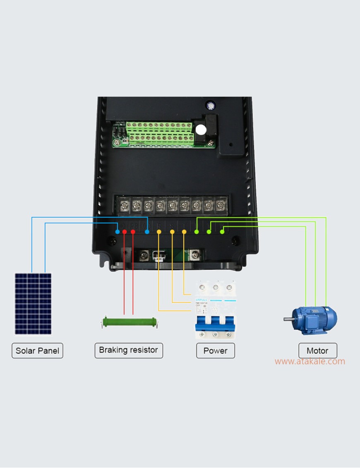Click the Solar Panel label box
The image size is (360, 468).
tap(37, 350)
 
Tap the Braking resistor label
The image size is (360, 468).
tap(128, 350)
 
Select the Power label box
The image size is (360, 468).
tap(215, 350)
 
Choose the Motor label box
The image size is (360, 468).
tap(317, 350)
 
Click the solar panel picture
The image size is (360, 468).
tap(34, 303)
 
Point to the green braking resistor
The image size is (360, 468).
tap(129, 322)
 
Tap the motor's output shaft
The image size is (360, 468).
tap(288, 319)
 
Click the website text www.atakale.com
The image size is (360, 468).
tap(310, 361)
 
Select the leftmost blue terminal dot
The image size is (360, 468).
tap(118, 232)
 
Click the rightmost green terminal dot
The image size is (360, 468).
tap(222, 232)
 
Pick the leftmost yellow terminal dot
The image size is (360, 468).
tap(159, 232)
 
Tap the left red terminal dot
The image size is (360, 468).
tap(125, 232)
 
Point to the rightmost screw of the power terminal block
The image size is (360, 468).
tap(221, 205)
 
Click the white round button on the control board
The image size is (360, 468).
tap(201, 130)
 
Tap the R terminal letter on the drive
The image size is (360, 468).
tap(159, 226)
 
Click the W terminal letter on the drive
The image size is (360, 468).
tap(223, 226)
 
